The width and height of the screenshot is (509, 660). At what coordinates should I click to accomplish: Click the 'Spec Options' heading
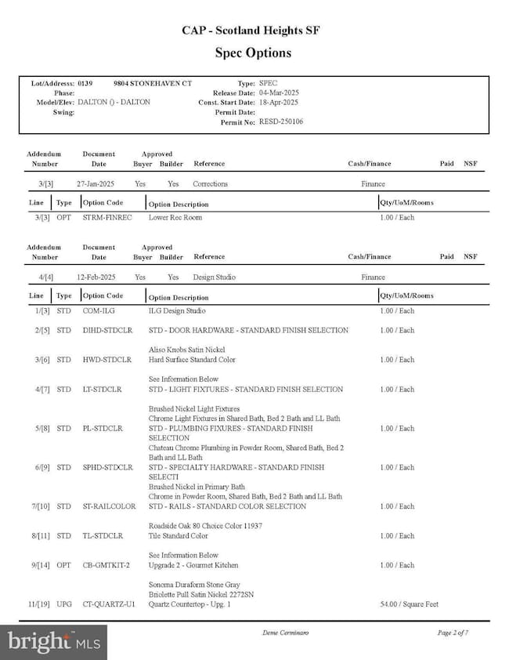(x=253, y=53)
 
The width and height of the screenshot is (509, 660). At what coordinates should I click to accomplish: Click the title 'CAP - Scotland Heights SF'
(x=251, y=31)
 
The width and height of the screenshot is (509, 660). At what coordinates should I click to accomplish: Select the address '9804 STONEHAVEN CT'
(x=152, y=83)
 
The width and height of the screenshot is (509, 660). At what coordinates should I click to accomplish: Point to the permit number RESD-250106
(x=281, y=121)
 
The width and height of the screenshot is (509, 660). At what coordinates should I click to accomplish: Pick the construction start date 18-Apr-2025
(x=279, y=102)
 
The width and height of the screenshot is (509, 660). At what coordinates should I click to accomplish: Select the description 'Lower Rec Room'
(x=175, y=217)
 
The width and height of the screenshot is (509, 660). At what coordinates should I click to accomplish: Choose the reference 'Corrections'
(x=211, y=184)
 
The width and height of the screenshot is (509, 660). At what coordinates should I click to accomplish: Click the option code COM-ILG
(x=99, y=311)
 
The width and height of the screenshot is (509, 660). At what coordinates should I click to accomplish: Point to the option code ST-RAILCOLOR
(x=109, y=506)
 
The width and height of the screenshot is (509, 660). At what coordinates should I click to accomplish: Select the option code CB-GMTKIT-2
(x=106, y=565)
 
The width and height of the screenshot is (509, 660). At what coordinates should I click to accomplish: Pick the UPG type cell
(x=64, y=604)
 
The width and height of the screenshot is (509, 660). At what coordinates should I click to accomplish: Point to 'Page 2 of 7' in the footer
(x=453, y=632)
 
